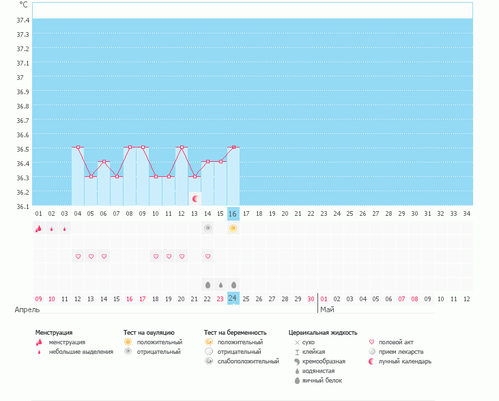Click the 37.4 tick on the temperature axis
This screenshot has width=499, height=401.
[x=23, y=20]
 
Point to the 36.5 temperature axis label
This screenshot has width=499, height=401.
[x=23, y=149]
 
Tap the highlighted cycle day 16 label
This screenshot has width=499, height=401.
[x=233, y=214]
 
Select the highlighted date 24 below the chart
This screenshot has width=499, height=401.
[x=233, y=299]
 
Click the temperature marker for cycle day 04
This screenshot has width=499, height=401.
[x=78, y=147]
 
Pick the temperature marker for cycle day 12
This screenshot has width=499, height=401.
[x=182, y=147]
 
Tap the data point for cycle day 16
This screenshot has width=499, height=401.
[x=233, y=147]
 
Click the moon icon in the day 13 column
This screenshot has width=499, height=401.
[x=195, y=198]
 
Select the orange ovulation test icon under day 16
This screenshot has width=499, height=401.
[x=233, y=228]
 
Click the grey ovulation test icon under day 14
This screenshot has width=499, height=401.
[x=208, y=228]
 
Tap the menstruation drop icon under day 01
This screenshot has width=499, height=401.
[x=38, y=229]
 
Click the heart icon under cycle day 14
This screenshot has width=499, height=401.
[x=208, y=256]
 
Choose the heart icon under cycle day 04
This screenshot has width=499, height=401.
[x=78, y=256]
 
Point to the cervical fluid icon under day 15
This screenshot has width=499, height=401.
[x=220, y=284]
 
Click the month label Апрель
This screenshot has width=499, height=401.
[x=27, y=309]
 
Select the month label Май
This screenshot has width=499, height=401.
[x=327, y=309]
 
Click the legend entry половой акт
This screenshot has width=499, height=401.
[x=395, y=342]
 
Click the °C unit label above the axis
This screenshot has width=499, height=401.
[x=23, y=5]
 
